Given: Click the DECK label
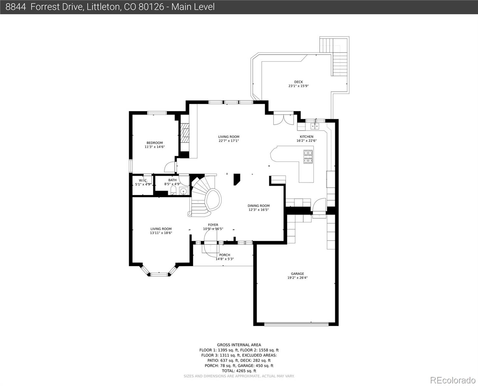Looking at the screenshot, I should point(298,82).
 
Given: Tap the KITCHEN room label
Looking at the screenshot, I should point(306,137).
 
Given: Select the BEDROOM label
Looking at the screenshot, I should point(155,143).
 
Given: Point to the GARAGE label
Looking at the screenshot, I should point(297,274).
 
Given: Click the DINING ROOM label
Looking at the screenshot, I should point(258,206).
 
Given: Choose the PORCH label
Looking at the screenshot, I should point(225,255).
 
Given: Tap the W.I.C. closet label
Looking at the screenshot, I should point(143,180).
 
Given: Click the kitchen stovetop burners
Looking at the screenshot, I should point(308,157).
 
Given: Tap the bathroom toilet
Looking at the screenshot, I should point(173,190).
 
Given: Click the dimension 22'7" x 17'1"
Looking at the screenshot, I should point(229,141).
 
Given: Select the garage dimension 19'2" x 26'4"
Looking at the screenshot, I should point(297,278).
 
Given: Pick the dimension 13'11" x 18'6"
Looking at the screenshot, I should point(161,233).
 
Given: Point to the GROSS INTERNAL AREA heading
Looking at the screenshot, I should point(239,345).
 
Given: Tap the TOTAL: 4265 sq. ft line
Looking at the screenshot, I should point(239,371).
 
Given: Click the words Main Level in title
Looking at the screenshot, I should point(193,7).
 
